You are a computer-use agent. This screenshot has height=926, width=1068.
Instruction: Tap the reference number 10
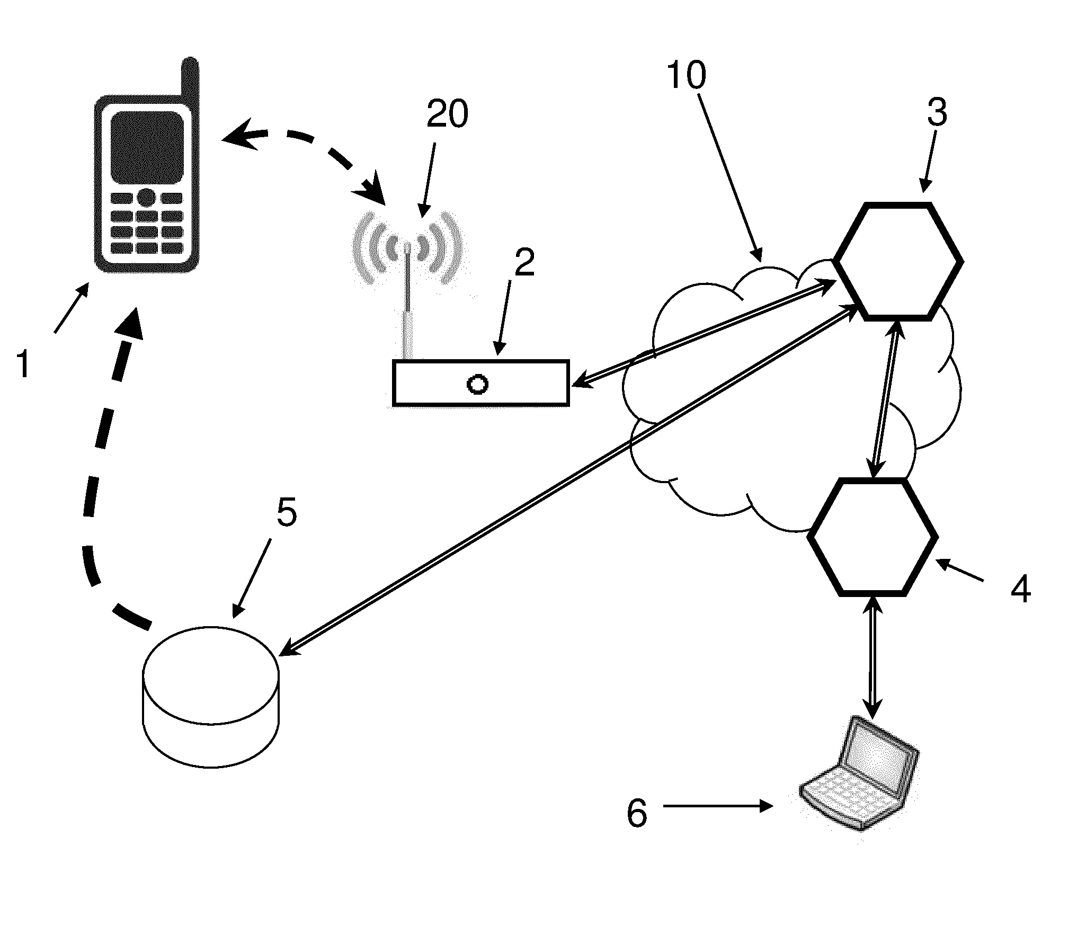coord(687,75)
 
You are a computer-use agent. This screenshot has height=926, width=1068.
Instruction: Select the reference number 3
coord(937,113)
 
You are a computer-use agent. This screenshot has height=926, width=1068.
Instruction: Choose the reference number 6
coord(636,813)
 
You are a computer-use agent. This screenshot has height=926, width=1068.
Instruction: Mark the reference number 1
coord(23,365)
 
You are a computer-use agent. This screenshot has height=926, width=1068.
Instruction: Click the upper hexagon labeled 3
coord(897,262)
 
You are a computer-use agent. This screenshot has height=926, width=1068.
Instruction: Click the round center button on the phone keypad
coord(147,197)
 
